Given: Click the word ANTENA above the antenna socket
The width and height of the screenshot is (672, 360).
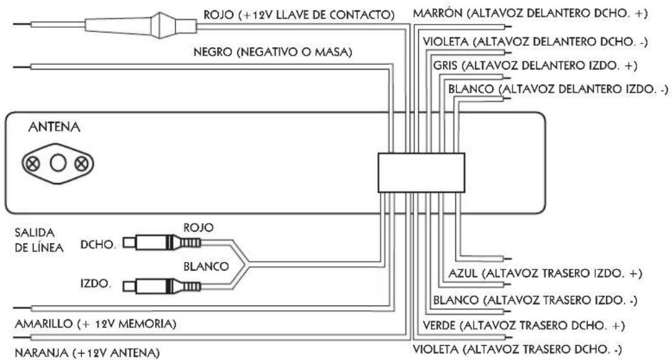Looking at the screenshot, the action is (x=54, y=127).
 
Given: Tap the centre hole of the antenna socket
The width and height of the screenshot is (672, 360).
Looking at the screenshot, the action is (x=58, y=164).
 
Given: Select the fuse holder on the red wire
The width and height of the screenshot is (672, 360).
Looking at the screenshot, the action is (x=141, y=25).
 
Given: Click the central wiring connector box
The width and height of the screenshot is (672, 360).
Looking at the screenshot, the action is (x=421, y=173).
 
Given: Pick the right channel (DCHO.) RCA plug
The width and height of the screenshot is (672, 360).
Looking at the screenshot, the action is (x=162, y=243).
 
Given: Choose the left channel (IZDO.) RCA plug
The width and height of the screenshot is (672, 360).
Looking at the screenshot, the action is (x=162, y=286).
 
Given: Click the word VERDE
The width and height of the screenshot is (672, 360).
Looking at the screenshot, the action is (x=439, y=326).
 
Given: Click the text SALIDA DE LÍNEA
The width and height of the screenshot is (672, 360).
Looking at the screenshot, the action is (x=39, y=240).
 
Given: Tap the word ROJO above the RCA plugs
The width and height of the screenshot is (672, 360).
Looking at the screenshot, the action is (x=198, y=228).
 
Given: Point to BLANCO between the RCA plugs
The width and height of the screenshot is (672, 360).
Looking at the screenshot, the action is (x=206, y=266).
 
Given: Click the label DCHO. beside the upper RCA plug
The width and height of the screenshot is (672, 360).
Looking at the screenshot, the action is (x=98, y=245).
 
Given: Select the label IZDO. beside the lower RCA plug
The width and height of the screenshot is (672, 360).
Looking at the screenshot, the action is (x=96, y=283).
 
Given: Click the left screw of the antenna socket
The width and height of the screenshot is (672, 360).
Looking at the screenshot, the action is (x=33, y=164).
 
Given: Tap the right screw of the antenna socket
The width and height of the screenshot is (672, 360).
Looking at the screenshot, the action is (x=82, y=164).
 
